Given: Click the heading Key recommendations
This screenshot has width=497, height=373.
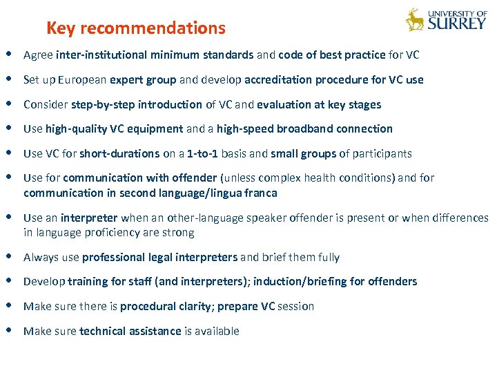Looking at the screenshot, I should [135, 28].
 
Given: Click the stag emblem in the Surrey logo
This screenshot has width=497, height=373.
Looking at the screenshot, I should [415, 20].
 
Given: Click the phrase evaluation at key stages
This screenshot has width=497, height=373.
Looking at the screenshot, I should [319, 105].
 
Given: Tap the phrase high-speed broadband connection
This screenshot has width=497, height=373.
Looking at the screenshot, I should [304, 129].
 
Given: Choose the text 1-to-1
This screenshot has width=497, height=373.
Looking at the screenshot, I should [204, 153].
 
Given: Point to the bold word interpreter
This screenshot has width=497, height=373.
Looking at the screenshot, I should [92, 218].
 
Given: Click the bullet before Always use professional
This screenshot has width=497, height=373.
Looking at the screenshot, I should [8, 257].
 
